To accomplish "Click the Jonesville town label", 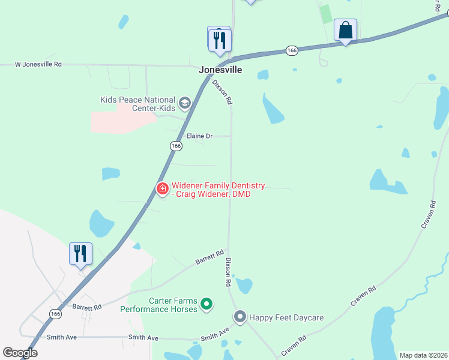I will coord(220,70).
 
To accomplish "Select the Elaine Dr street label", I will coord(199,136).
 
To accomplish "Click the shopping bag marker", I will coord(345,30).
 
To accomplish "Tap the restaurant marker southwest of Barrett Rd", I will coord(80,254).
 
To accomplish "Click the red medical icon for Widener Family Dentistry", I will coord(162,188).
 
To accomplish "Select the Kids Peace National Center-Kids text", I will coord(138,103).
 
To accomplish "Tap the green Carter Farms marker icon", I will coord(206,305).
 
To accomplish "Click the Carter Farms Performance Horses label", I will coord(158,305).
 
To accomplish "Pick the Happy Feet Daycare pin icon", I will coord(240,316).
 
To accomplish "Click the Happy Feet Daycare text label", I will coord(286,317).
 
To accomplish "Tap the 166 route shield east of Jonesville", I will coord(292,51).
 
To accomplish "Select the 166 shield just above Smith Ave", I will coord(56,314).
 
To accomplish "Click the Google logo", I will coord(20,353).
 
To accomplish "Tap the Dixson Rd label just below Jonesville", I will coord(221,93).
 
